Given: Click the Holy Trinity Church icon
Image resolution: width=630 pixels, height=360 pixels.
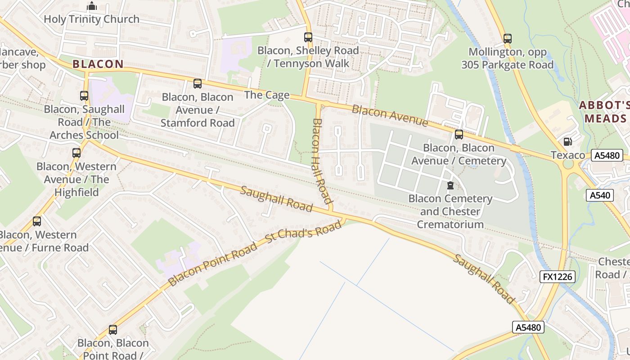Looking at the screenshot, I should (x=92, y=6).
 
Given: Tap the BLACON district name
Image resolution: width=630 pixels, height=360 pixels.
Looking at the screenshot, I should (x=98, y=64).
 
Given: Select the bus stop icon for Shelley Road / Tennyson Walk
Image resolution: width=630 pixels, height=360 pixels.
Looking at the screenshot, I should (x=308, y=37).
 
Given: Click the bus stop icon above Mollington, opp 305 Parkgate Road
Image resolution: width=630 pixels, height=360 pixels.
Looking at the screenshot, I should (x=508, y=39).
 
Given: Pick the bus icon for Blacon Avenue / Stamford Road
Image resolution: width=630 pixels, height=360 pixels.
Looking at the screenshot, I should (x=197, y=84).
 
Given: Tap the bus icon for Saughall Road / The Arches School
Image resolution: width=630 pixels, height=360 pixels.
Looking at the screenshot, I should (x=84, y=96).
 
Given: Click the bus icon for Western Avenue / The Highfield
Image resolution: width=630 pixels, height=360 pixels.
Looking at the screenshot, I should (x=76, y=153).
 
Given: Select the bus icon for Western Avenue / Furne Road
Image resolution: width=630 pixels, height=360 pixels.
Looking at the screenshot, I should (x=37, y=221).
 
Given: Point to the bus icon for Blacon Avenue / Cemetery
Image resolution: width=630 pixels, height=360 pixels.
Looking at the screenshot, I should (x=459, y=135).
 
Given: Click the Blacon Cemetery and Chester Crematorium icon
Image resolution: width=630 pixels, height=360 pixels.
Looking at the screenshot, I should (x=450, y=185).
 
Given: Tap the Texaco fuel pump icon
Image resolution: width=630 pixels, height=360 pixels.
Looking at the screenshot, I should (x=568, y=142).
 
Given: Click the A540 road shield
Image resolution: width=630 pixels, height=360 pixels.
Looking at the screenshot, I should (x=600, y=195).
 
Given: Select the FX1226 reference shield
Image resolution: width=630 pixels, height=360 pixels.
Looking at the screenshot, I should (x=558, y=276).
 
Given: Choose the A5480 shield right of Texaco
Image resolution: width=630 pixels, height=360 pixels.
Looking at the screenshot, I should (x=607, y=156).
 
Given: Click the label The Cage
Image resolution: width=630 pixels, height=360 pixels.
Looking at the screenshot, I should (x=267, y=95).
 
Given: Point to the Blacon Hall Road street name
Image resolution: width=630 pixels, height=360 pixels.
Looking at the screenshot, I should (x=322, y=161).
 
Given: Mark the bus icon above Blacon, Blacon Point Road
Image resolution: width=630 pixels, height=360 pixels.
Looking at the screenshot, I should (x=113, y=330).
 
